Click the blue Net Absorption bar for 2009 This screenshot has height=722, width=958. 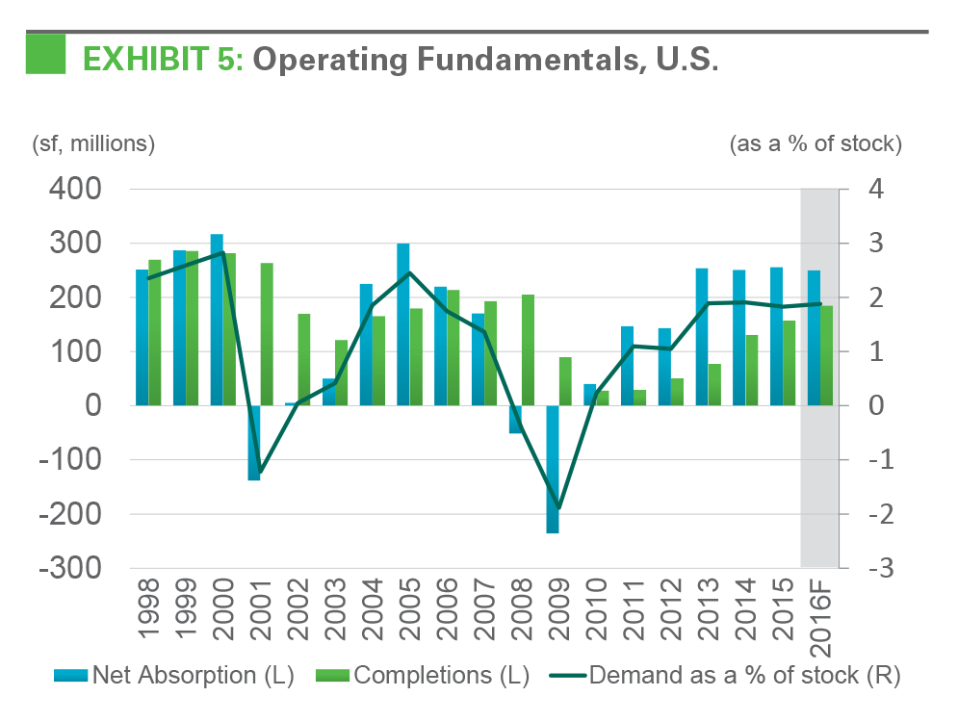click(x=553, y=469)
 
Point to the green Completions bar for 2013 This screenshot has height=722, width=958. click(x=714, y=384)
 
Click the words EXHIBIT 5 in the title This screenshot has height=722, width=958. click(x=164, y=59)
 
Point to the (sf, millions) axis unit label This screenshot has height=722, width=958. click(x=93, y=144)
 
